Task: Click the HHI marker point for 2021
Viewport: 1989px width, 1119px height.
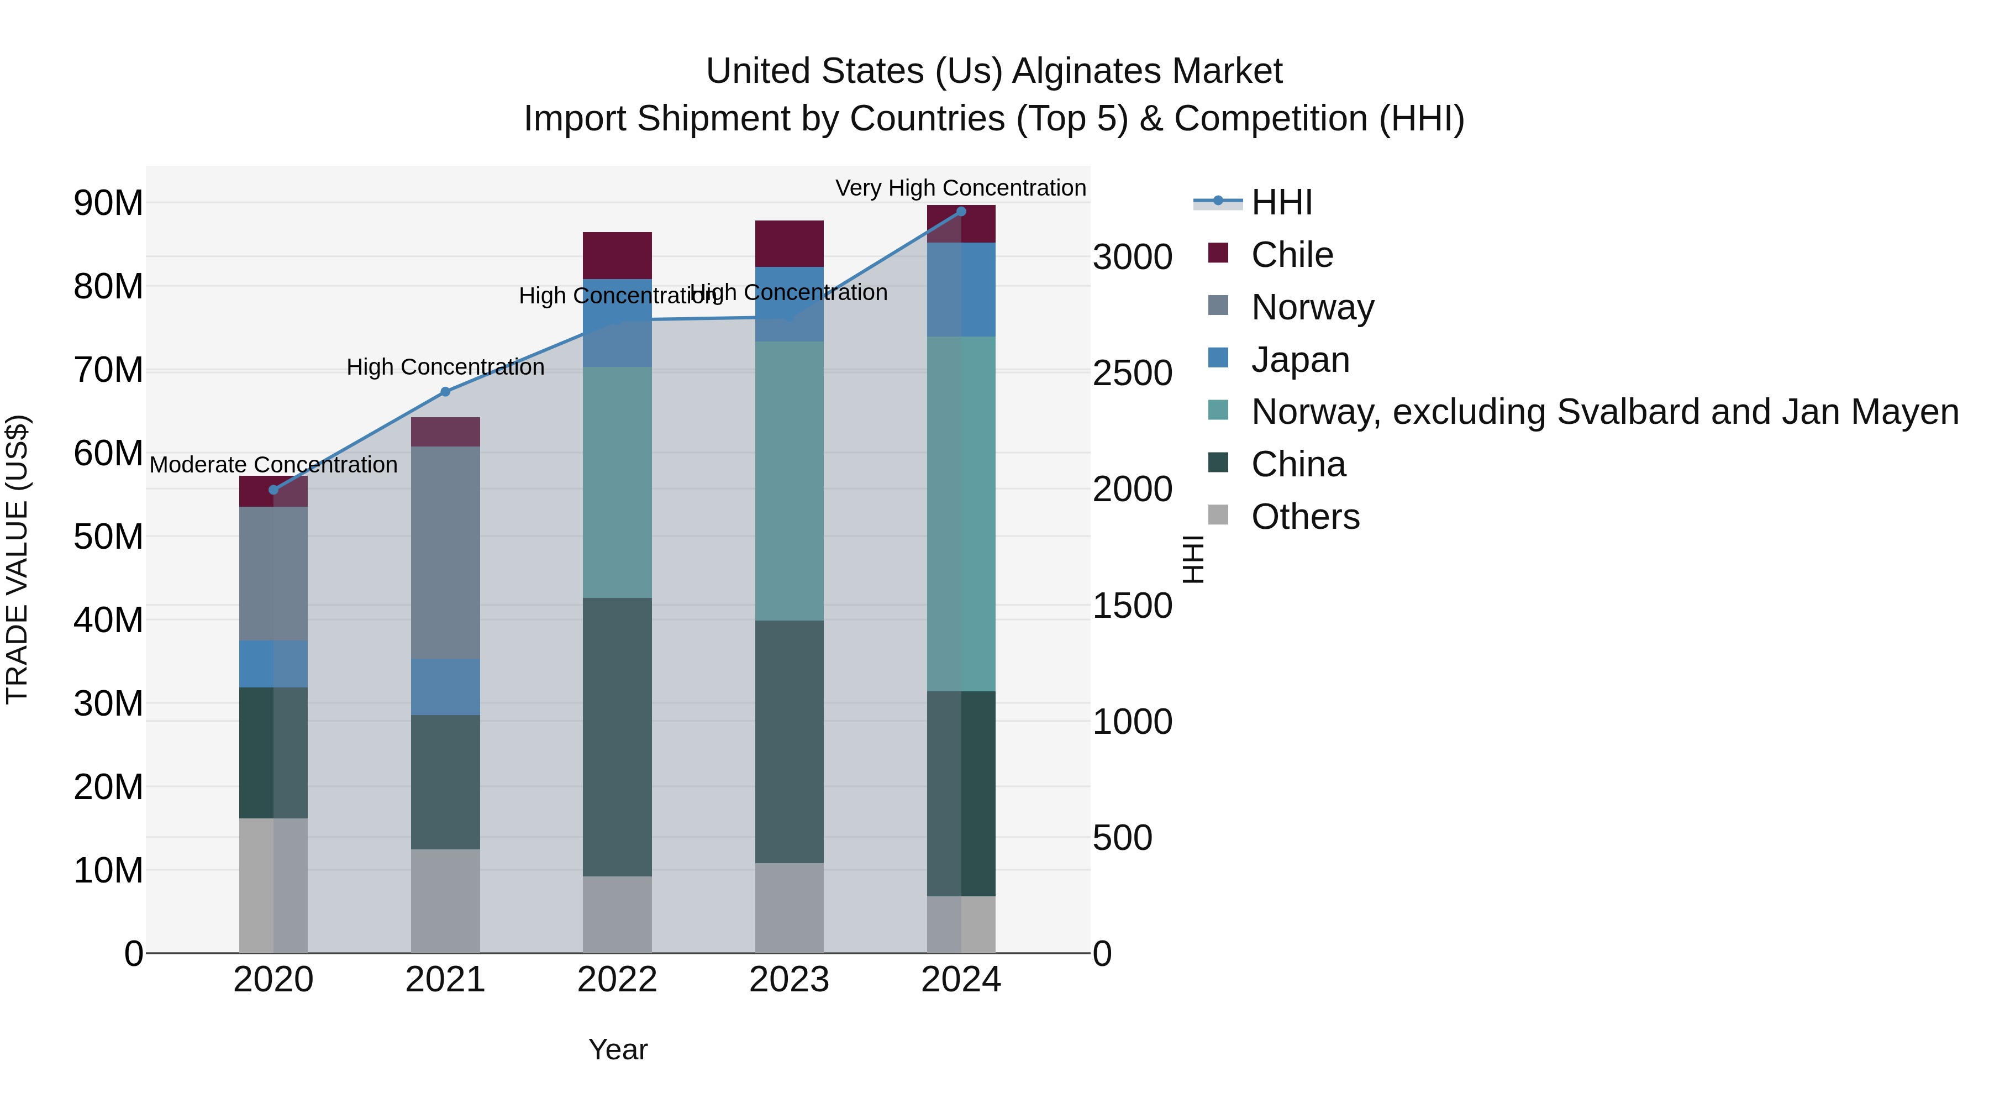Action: [445, 392]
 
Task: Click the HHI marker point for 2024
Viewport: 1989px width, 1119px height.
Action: [961, 212]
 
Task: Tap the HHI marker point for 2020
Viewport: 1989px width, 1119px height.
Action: [273, 490]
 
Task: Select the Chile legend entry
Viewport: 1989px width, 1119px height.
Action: [1291, 255]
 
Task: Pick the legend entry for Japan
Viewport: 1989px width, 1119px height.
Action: [1299, 360]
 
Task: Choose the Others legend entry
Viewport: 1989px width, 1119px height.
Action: [1305, 517]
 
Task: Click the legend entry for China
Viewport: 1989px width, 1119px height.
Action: [1298, 464]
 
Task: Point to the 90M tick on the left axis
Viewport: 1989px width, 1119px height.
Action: [108, 203]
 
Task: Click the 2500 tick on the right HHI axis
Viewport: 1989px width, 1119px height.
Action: [1132, 373]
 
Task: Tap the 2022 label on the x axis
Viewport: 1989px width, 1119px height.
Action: [617, 980]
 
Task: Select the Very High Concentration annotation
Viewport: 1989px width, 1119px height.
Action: [961, 188]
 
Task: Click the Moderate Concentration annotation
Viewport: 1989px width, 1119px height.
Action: [273, 465]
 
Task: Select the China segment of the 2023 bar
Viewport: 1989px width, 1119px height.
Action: [789, 742]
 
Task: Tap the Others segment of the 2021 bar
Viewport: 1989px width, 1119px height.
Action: [445, 901]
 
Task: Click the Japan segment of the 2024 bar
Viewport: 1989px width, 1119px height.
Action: [961, 290]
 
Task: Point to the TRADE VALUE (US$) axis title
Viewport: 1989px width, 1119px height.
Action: [17, 559]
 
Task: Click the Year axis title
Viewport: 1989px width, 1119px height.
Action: [618, 1049]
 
